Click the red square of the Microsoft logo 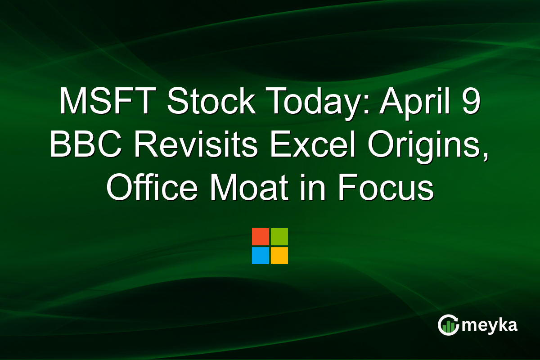coord(261,237)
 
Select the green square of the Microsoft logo coord(279,237)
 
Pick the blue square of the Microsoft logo coord(261,256)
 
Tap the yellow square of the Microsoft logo coord(279,256)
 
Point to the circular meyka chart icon coord(448,325)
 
